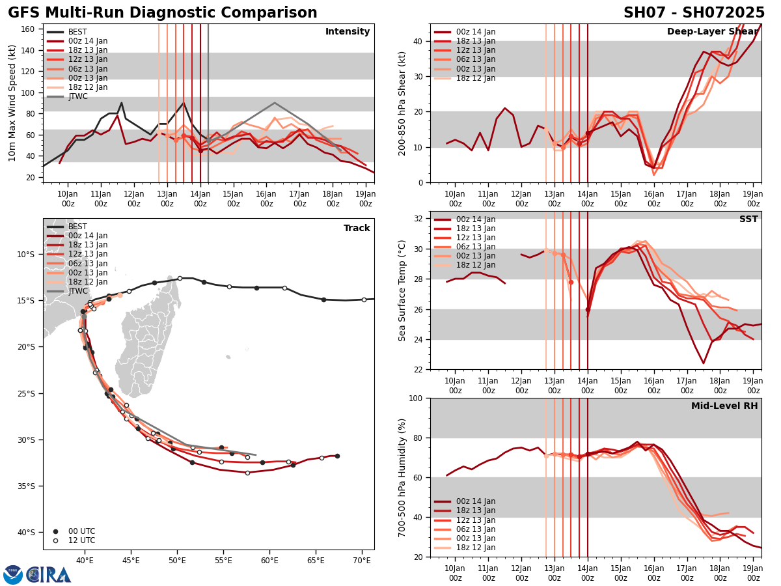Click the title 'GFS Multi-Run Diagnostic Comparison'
click(x=163, y=13)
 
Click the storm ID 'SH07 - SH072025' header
click(x=694, y=13)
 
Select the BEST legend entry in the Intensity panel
click(x=77, y=32)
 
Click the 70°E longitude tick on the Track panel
click(x=363, y=560)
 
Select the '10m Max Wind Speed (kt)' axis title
click(x=13, y=103)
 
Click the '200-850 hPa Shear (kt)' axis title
click(x=402, y=103)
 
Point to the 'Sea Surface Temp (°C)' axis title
click(x=402, y=290)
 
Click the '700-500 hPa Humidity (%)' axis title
click(x=402, y=477)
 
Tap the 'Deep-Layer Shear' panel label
click(x=712, y=32)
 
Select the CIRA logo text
click(x=49, y=575)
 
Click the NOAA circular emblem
click(x=13, y=575)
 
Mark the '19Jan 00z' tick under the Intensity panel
click(x=366, y=198)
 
